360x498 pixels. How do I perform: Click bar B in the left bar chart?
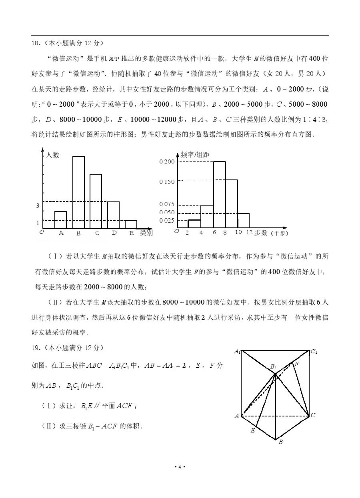(x=78, y=192)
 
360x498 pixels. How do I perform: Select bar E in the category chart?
(x=131, y=224)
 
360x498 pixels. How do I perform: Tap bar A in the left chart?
(x=60, y=220)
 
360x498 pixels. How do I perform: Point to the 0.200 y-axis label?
(x=167, y=161)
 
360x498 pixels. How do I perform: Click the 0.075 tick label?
(x=167, y=204)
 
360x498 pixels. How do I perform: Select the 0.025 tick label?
(x=167, y=221)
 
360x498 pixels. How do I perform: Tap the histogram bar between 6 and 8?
(x=219, y=194)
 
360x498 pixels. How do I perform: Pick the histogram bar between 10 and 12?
(x=243, y=220)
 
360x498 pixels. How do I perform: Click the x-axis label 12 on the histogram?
(x=249, y=233)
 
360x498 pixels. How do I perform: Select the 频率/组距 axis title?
(x=195, y=155)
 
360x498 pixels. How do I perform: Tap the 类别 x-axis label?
(x=146, y=233)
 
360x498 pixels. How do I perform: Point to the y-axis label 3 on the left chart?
(x=38, y=206)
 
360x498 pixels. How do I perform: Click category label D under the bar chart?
(x=114, y=233)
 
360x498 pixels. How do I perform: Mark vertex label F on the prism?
(x=296, y=364)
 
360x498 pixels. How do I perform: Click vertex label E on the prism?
(x=252, y=430)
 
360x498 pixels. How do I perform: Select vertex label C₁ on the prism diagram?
(x=314, y=352)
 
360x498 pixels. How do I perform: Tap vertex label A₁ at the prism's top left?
(x=237, y=352)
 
